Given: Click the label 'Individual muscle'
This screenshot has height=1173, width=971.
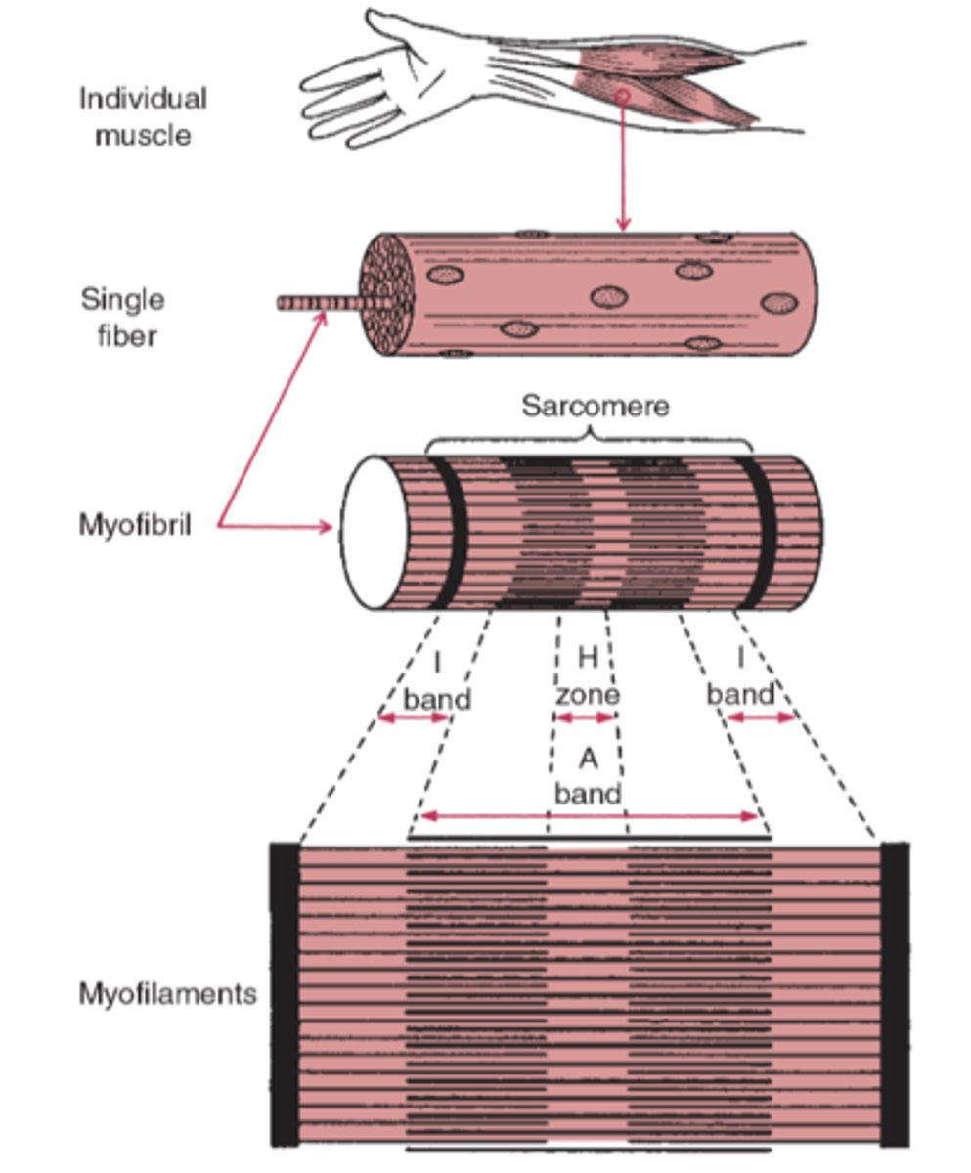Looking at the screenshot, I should pos(143,116).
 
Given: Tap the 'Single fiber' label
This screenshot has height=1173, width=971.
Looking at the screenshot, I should pos(122,318).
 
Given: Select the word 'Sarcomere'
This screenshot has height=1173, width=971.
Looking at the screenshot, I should pos(595,406).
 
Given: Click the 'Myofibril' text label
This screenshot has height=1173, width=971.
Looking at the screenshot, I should pos(135,526).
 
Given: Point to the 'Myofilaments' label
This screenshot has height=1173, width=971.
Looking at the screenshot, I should pos(167,995).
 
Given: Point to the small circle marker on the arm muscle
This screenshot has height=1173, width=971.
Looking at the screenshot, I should pos(621,95).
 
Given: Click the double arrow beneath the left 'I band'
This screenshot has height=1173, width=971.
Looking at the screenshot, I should pos(413,718).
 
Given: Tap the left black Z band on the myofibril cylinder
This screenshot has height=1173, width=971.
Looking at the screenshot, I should pos(450,533).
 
